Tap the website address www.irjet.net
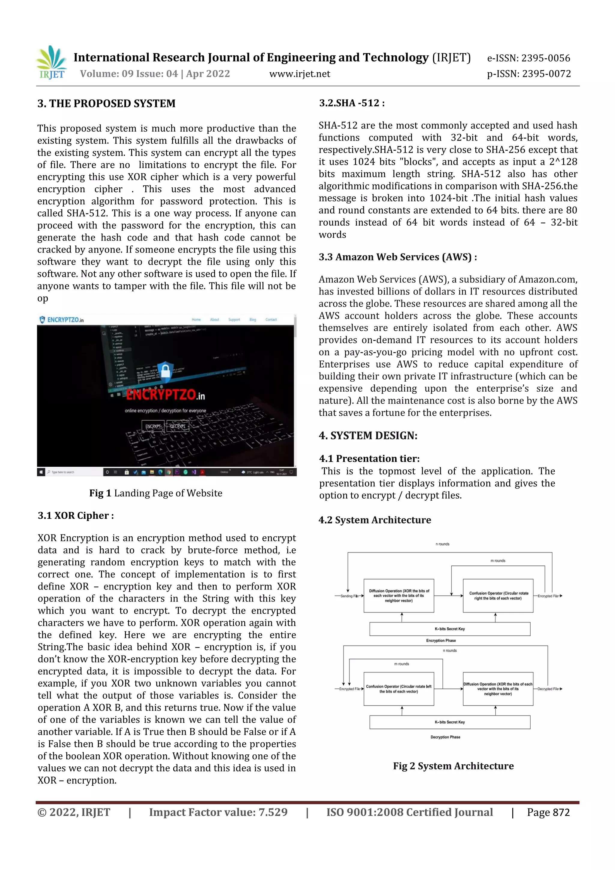[x=299, y=74]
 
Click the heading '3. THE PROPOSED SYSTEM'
[x=107, y=103]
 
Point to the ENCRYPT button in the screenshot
[x=153, y=426]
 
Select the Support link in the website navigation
[x=234, y=320]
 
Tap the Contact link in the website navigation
[x=271, y=320]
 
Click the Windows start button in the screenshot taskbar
[x=41, y=472]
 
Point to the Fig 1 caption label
[x=100, y=493]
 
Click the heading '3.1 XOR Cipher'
[x=75, y=515]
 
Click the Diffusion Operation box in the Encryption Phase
[x=398, y=596]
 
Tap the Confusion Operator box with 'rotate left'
[x=398, y=689]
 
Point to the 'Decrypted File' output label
[x=548, y=689]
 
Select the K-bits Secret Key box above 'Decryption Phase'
[x=450, y=722]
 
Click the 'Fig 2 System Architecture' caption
[x=453, y=766]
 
